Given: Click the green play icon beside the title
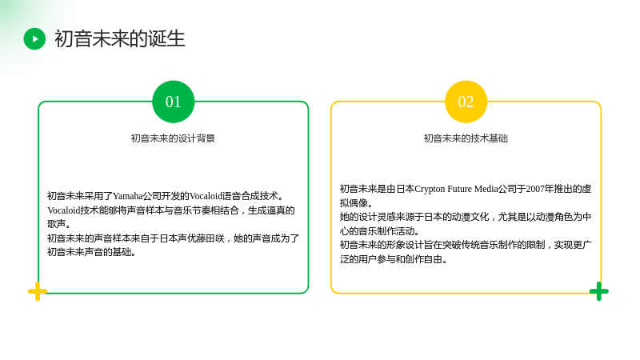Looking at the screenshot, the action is (x=34, y=38).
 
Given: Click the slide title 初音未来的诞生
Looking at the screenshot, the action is (x=120, y=38).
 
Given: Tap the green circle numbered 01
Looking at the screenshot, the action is (x=173, y=102).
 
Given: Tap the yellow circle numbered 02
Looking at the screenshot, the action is (x=466, y=102).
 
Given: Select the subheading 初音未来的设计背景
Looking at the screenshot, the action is (x=173, y=138).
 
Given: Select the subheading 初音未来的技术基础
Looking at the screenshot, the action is (x=466, y=138).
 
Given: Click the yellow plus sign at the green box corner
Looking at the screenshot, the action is (x=38, y=291).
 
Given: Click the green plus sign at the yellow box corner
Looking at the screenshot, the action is (x=598, y=291).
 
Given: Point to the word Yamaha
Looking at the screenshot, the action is (x=128, y=196).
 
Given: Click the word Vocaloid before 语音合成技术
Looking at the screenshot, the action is (x=206, y=196).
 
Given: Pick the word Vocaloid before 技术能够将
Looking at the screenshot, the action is (x=64, y=210).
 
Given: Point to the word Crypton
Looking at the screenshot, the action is (x=430, y=189).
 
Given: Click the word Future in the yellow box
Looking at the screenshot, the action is (x=459, y=189).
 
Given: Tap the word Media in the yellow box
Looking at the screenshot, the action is (x=486, y=189).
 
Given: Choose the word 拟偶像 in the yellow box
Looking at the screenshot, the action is (x=354, y=203).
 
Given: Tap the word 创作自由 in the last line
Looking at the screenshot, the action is (x=424, y=259).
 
